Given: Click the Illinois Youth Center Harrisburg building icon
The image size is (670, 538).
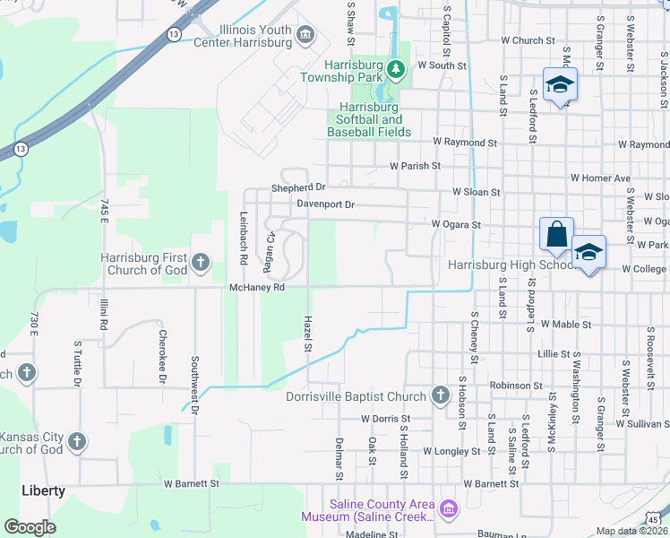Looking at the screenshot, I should coord(306,35).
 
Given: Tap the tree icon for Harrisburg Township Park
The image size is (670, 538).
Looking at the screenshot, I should coord(396,67).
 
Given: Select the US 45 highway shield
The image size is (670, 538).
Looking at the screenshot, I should coord(655,519).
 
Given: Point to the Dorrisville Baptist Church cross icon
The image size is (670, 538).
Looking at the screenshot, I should coord(440,395).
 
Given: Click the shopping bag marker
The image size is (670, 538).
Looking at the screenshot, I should coord(556,234).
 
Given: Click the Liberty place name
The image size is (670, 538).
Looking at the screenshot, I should coord(44,490).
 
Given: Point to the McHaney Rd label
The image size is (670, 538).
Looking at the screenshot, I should coord(257,287).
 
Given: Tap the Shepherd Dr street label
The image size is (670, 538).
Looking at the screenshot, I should coord(299,188).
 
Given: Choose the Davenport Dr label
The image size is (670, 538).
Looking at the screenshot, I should coord(326,204).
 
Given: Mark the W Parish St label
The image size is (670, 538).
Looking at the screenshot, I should coord(415,166).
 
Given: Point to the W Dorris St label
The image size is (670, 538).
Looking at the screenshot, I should coord(385,418).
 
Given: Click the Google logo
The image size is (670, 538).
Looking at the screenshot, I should coord(30,527).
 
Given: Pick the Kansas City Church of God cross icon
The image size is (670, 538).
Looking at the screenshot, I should coord(77,441).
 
